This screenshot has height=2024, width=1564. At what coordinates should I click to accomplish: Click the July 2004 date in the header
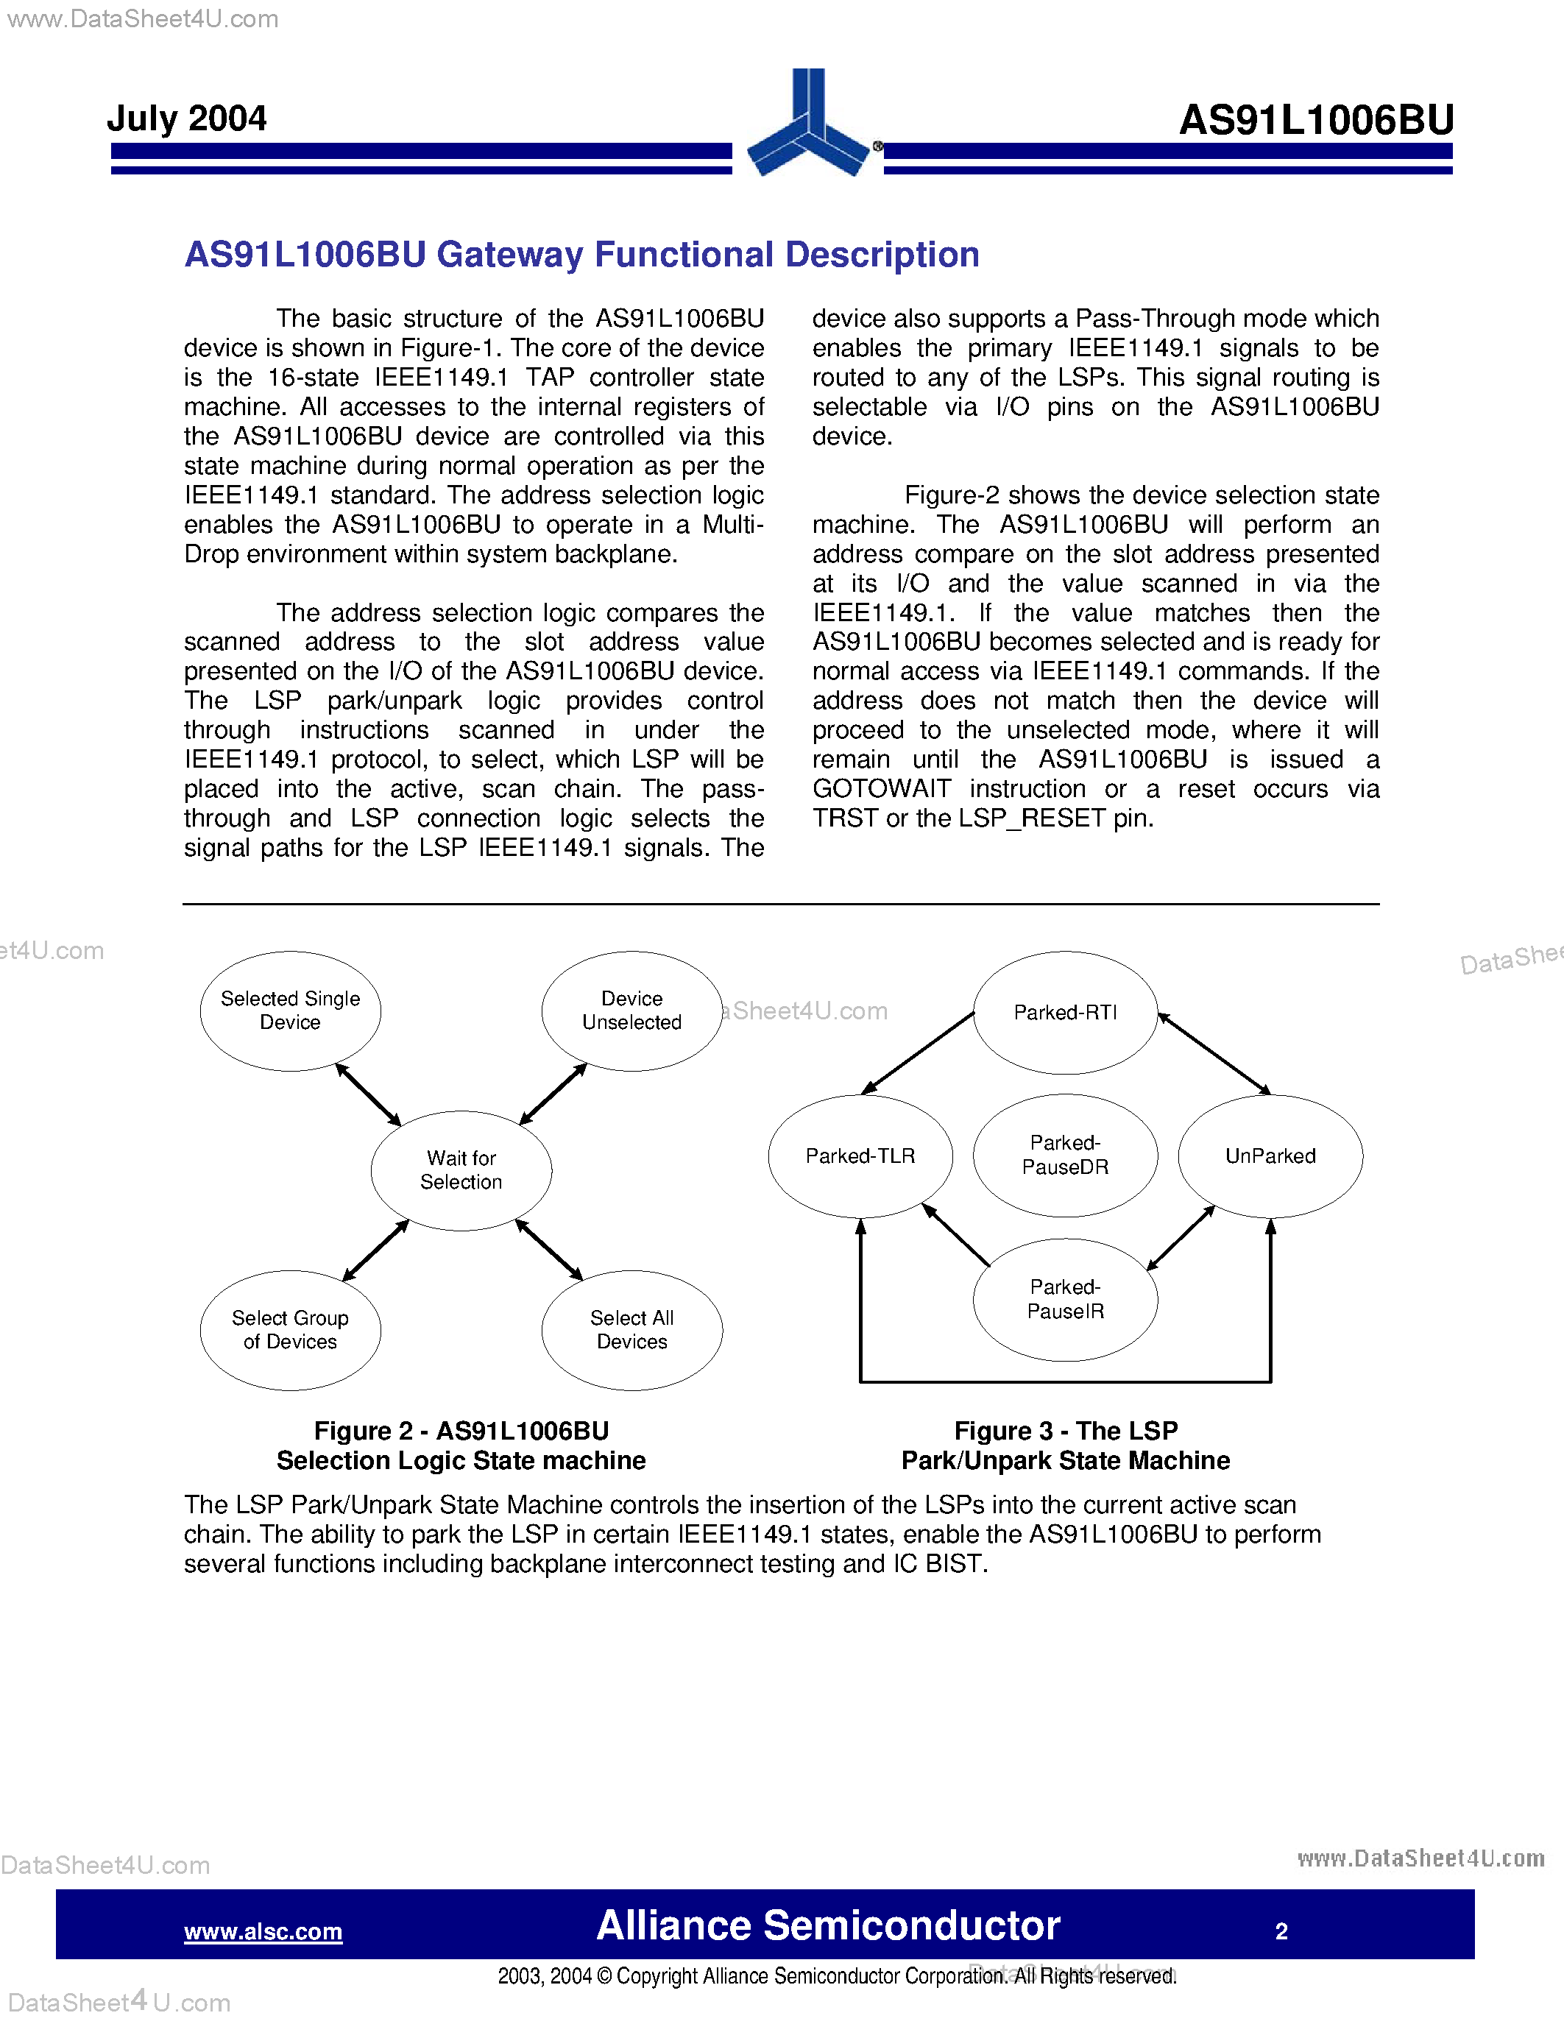[x=186, y=118]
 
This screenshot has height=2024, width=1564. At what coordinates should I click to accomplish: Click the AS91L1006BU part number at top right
[x=1316, y=121]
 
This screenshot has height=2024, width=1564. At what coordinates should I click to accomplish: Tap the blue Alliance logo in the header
[x=809, y=125]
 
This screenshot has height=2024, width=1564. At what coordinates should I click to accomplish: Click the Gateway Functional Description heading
[x=582, y=255]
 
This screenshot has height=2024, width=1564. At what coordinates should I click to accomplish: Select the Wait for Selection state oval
[x=461, y=1170]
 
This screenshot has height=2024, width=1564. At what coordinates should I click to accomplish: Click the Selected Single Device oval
[x=290, y=1010]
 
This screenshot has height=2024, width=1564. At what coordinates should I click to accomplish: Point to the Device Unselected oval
[x=632, y=1010]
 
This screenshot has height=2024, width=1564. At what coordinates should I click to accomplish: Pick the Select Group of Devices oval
[x=290, y=1329]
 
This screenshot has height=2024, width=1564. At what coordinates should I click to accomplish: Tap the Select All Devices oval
[x=632, y=1329]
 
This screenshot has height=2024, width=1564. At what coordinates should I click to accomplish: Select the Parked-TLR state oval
[x=860, y=1156]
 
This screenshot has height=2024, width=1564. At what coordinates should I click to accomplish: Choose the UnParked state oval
[x=1270, y=1156]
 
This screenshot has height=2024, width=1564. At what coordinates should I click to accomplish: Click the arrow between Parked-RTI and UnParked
[x=1214, y=1054]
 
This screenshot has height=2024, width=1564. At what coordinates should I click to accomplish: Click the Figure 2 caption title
[x=461, y=1445]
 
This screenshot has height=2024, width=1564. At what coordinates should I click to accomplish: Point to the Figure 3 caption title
[x=1066, y=1445]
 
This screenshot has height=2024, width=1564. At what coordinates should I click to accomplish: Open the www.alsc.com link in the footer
[x=263, y=1931]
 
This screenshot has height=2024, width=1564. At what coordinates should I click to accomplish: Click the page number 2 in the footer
[x=1281, y=1931]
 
